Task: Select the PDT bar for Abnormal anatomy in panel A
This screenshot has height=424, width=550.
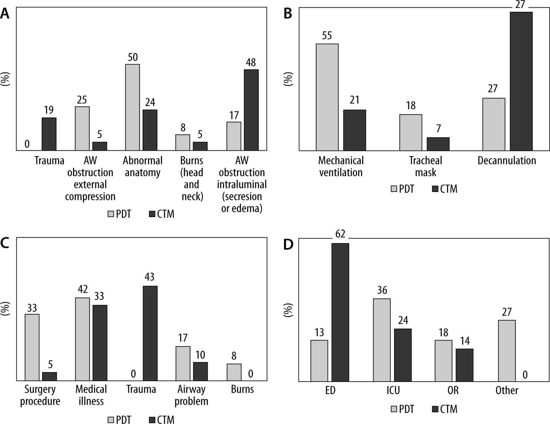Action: click(x=132, y=107)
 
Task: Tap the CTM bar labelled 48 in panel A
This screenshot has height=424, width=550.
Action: click(x=251, y=110)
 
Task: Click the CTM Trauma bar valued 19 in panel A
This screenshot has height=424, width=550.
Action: click(x=49, y=134)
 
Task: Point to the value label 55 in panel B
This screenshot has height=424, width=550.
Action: click(x=327, y=35)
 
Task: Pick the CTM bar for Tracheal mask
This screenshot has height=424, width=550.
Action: click(x=438, y=144)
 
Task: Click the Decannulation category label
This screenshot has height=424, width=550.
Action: click(x=507, y=161)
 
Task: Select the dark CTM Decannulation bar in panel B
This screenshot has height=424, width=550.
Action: click(x=521, y=81)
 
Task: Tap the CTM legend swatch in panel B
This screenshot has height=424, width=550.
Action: click(x=435, y=189)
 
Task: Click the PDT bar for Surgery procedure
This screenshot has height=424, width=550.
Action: click(x=32, y=347)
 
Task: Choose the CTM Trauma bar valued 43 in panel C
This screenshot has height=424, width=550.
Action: click(x=150, y=333)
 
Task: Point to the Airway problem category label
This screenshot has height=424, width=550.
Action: click(x=191, y=395)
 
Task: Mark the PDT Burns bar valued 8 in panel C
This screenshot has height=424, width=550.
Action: click(x=234, y=372)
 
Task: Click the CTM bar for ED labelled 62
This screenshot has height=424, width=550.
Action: click(x=340, y=312)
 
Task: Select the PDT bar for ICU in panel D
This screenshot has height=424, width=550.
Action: click(x=382, y=340)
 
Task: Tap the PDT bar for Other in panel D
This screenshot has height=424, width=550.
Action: click(x=507, y=351)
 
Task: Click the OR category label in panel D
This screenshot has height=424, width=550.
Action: click(x=453, y=390)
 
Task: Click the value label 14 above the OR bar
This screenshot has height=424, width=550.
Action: click(x=465, y=341)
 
